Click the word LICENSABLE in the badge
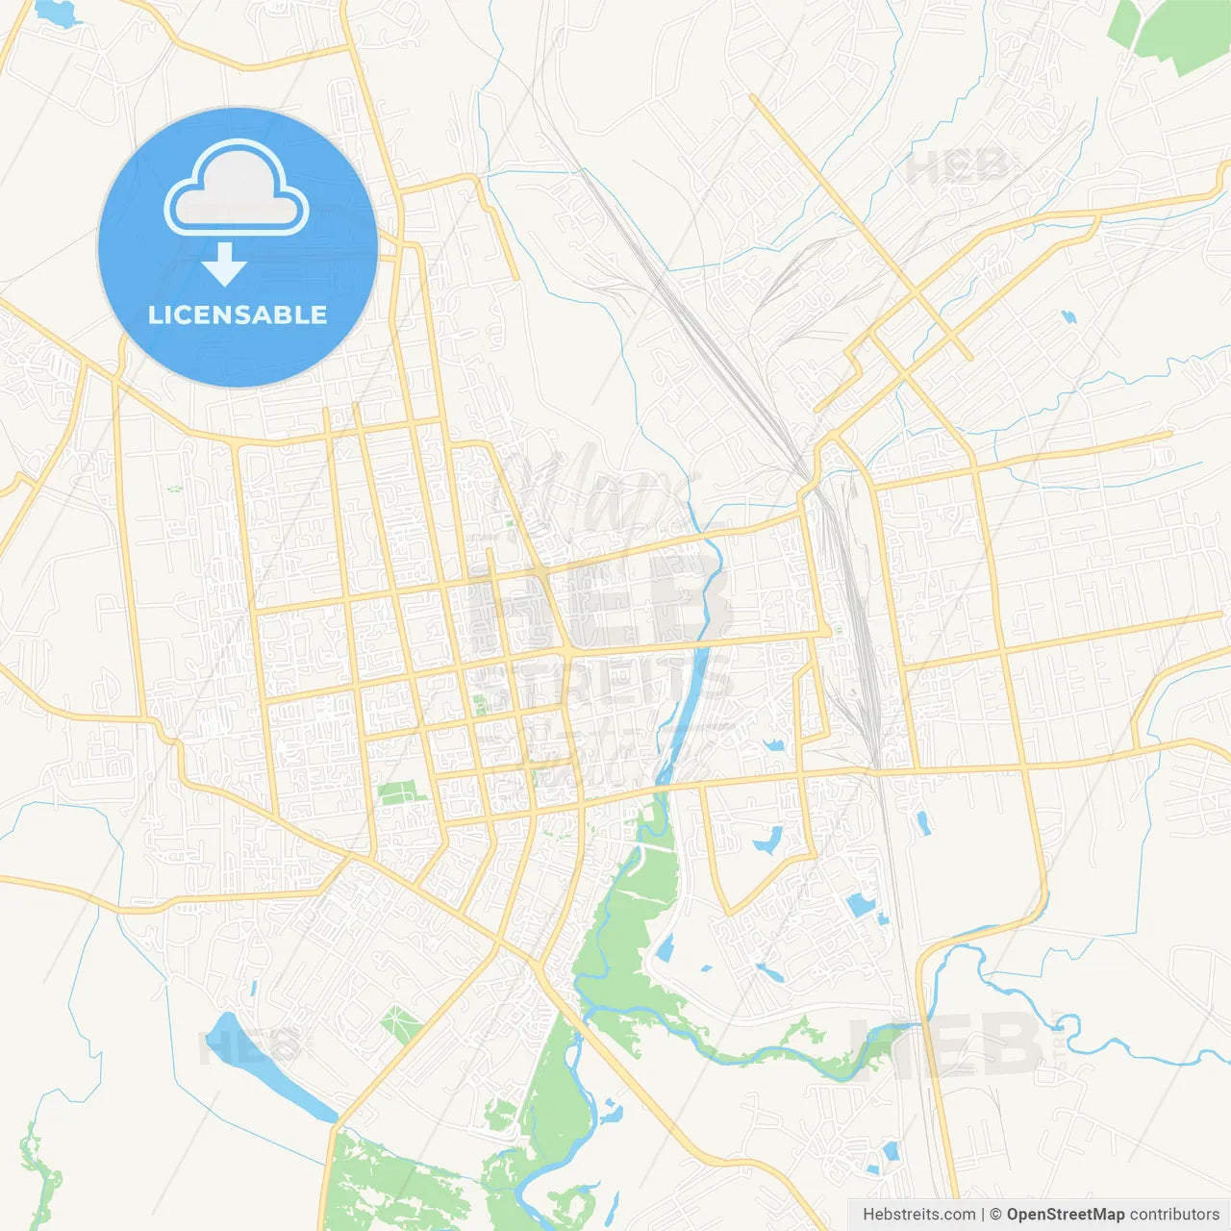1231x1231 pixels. pos(238,314)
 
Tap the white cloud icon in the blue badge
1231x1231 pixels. pos(237,189)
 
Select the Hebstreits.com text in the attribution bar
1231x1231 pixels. pos(918,1215)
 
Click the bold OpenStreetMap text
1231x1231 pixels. pos(1065,1215)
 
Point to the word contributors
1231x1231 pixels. pos(1174,1215)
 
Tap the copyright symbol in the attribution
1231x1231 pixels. pos(995,1215)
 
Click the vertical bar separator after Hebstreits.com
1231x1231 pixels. pos(982,1215)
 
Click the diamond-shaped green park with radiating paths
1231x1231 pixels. pos(400,1024)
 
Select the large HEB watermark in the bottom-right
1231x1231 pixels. pos(947,1045)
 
